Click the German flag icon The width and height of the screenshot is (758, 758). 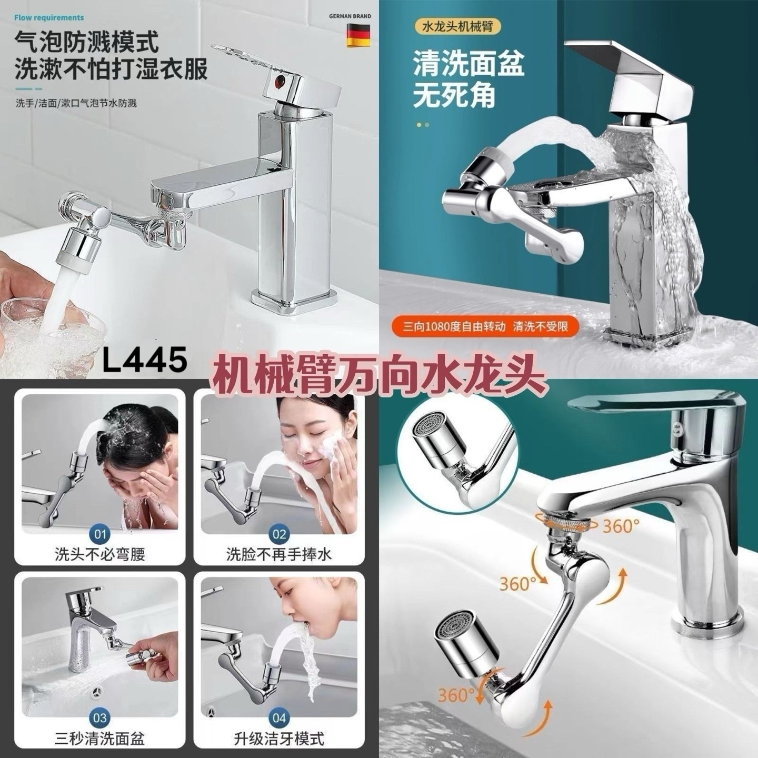358,36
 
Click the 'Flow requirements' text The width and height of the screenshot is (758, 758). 49,18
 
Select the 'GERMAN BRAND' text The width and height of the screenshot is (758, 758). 350,16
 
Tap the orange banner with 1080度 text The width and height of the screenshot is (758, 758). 485,326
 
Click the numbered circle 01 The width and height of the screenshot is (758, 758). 100,534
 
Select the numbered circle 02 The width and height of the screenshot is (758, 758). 279,534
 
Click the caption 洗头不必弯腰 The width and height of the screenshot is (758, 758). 100,554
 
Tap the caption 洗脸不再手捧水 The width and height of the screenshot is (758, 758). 279,554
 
